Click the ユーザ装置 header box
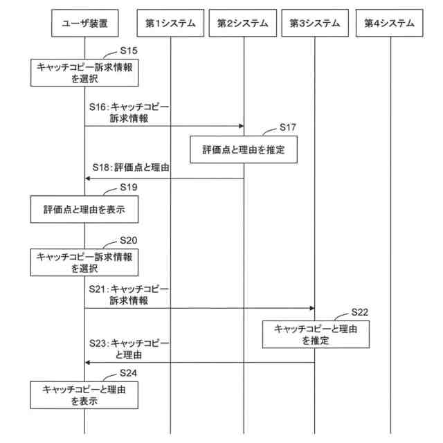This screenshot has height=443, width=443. pyautogui.click(x=84, y=23)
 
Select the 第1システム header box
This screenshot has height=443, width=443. pyautogui.click(x=170, y=23)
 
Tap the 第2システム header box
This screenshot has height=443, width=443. pyautogui.click(x=243, y=23)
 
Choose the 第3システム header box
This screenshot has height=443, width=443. pyautogui.click(x=315, y=23)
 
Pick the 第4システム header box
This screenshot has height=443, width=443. pyautogui.click(x=390, y=23)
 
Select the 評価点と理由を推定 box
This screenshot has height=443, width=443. pyautogui.click(x=244, y=150)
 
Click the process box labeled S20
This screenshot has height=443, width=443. pyautogui.click(x=84, y=261)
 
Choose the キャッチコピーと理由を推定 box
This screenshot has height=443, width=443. pyautogui.click(x=315, y=334)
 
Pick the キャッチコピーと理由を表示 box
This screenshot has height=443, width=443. pyautogui.click(x=84, y=395)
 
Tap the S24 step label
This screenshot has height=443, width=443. pyautogui.click(x=129, y=372)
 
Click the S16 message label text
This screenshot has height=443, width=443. pyautogui.click(x=129, y=114)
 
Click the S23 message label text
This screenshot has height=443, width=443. pyautogui.click(x=129, y=349)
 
